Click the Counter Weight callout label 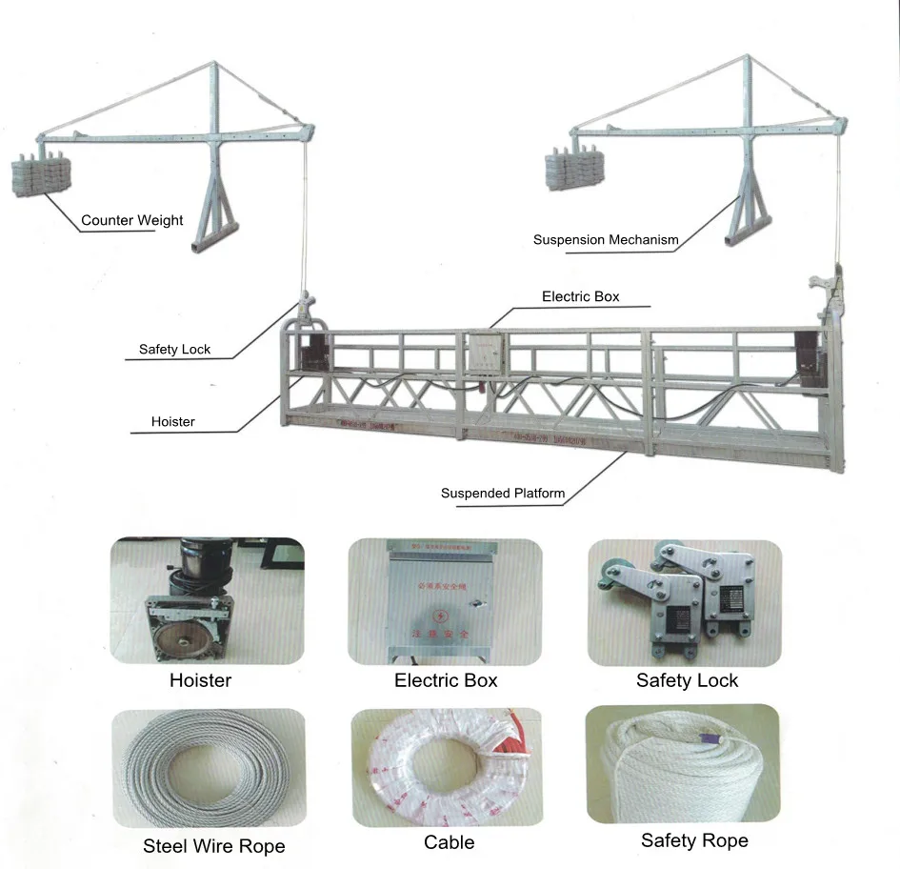click(x=131, y=220)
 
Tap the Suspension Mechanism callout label click(x=606, y=240)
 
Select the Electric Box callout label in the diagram click(x=580, y=296)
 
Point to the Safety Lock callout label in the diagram click(x=174, y=350)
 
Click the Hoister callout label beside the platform click(x=172, y=422)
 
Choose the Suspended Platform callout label click(x=502, y=494)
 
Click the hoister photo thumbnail click(x=207, y=601)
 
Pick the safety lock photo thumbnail click(x=684, y=602)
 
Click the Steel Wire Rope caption click(x=213, y=846)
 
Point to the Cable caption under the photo click(x=449, y=842)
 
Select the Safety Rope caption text click(x=694, y=840)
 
